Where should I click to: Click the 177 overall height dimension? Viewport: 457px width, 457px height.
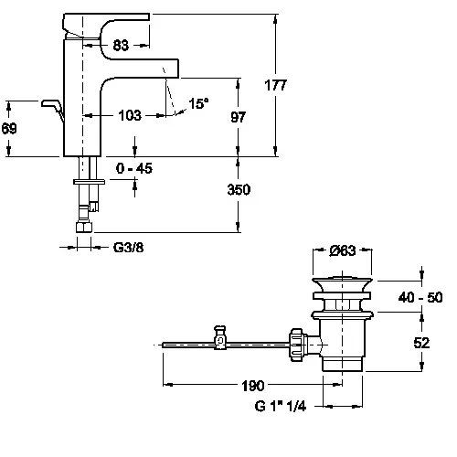pos(275,85)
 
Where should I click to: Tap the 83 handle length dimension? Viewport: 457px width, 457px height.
pos(121,46)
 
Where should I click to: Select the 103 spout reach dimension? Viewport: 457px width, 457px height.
pos(130,116)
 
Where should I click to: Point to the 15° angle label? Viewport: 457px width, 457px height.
pos(198,103)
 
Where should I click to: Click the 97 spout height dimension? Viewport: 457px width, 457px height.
pos(238,117)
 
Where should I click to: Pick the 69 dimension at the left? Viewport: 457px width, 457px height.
pos(9,128)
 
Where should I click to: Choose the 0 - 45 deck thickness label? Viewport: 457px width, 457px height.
pos(134,168)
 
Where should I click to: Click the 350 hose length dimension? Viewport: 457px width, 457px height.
pos(239,189)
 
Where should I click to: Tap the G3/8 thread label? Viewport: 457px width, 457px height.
pos(128,248)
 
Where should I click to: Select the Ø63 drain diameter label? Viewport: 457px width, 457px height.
pos(343,250)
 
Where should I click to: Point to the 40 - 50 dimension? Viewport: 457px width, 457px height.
pos(420,297)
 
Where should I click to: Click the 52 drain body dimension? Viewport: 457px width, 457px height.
pos(421,343)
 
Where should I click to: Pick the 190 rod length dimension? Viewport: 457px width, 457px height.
pos(253,386)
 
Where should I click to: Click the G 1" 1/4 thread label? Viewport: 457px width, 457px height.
pos(281,406)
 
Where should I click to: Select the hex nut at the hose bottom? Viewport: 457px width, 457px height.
pos(84,227)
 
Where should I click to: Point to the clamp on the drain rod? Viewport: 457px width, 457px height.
pos(220,337)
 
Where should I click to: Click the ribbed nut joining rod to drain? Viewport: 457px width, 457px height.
pos(296,345)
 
